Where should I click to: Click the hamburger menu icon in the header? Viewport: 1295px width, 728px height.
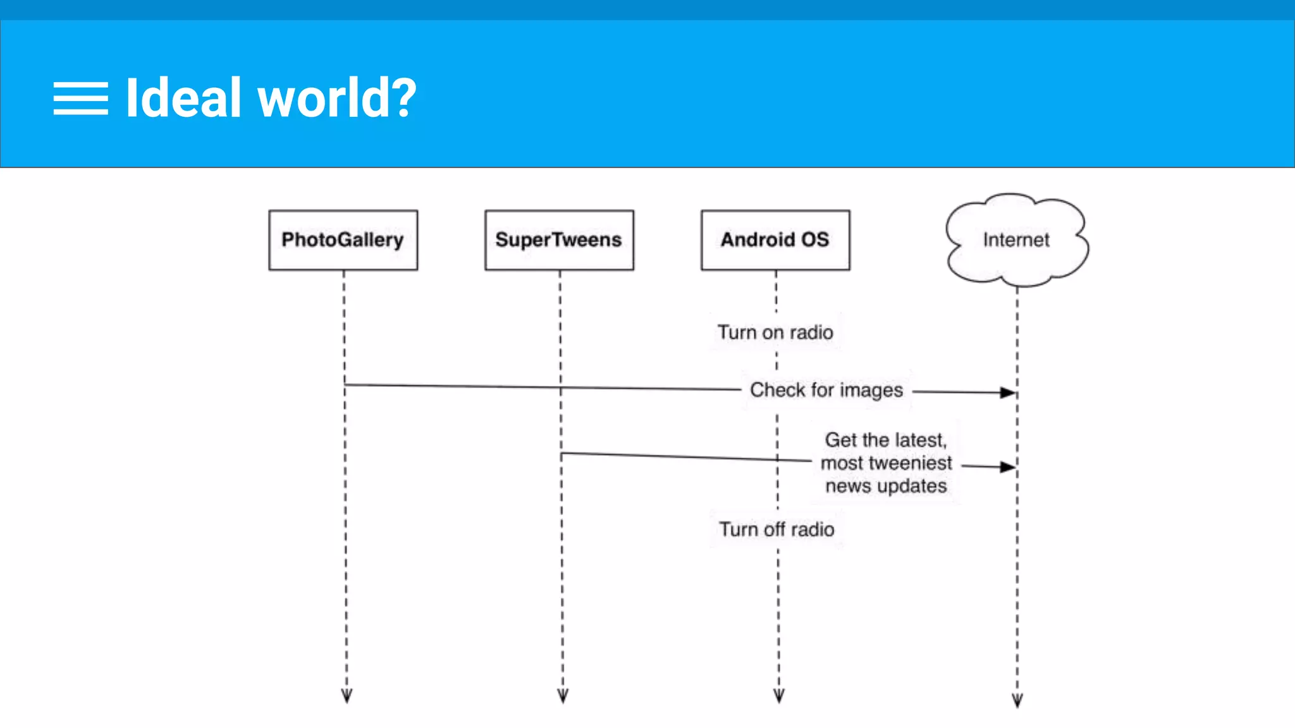click(x=80, y=99)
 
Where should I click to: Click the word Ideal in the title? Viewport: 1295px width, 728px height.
click(x=183, y=98)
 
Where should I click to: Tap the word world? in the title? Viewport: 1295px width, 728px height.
click(x=337, y=99)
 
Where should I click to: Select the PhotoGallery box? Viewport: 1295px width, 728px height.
click(x=343, y=240)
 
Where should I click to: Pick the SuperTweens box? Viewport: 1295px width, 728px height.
click(x=559, y=240)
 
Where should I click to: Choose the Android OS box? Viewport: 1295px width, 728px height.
click(x=775, y=240)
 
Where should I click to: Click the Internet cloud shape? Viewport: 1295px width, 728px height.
click(x=1016, y=240)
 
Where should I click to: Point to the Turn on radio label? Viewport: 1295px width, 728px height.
click(x=775, y=332)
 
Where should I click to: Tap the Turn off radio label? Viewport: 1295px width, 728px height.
click(x=776, y=529)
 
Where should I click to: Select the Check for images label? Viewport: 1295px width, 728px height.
click(x=826, y=390)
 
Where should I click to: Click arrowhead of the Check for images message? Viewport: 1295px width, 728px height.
click(x=1008, y=392)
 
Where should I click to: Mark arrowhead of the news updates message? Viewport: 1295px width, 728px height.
click(x=1008, y=467)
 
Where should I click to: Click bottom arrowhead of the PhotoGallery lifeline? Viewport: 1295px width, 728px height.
click(x=347, y=696)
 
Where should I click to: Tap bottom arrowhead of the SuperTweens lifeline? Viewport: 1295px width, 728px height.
click(x=563, y=696)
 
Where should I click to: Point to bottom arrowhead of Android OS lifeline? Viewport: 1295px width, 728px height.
click(x=779, y=696)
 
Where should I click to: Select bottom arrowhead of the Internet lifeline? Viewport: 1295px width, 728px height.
click(x=1017, y=700)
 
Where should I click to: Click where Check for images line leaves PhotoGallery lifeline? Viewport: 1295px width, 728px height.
click(x=345, y=384)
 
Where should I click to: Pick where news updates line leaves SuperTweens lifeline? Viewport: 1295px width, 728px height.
click(x=562, y=453)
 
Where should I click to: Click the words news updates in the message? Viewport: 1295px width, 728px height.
click(x=886, y=486)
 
